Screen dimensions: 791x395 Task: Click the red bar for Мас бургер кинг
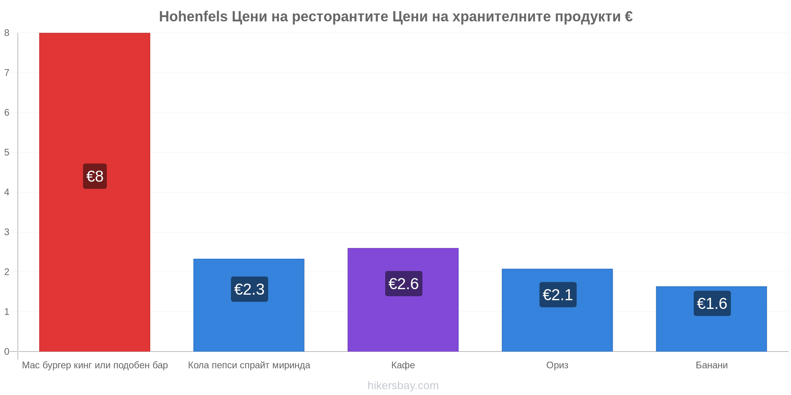click(95, 192)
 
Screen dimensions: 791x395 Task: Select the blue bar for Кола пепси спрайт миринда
click(249, 305)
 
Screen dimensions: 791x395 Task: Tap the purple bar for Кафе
click(403, 300)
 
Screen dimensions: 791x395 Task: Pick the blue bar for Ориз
click(557, 310)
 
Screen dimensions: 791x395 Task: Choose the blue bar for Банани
click(712, 319)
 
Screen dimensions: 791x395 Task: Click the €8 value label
click(95, 176)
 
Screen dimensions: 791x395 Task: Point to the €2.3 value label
click(250, 289)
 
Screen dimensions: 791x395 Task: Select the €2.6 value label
click(404, 284)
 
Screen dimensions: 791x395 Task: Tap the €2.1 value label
click(558, 295)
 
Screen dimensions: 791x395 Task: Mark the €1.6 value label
click(712, 303)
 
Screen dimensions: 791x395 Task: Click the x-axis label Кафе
click(403, 365)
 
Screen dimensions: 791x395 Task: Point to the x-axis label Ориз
click(557, 365)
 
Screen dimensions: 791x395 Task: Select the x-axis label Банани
click(712, 365)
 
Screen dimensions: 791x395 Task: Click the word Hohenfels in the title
click(193, 17)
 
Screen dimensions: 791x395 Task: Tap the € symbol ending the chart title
click(628, 17)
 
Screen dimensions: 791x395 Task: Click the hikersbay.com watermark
click(403, 386)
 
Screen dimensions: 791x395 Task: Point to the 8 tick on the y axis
click(7, 33)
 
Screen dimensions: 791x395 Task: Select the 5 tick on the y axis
click(7, 152)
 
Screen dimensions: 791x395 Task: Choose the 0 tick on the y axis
click(7, 352)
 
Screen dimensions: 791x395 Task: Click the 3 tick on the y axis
click(7, 232)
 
